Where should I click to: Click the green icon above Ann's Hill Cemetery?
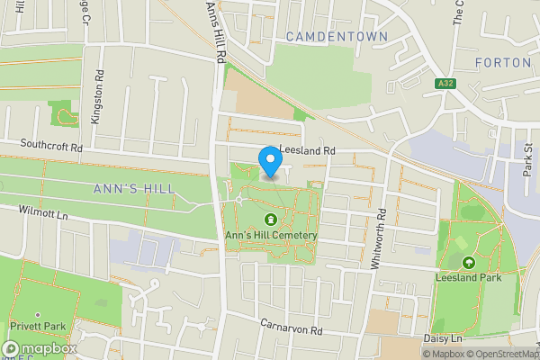click(269, 220)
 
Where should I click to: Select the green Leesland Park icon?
click(468, 263)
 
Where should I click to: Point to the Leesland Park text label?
click(468, 279)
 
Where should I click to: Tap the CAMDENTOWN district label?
click(337, 37)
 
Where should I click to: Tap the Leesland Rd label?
click(307, 150)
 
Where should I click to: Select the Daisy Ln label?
click(445, 338)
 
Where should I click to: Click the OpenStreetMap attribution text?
click(503, 354)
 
